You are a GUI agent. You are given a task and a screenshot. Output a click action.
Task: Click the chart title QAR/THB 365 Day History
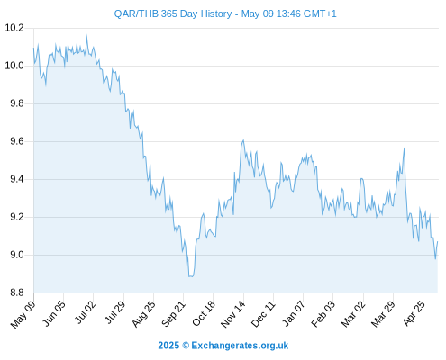point(173,13)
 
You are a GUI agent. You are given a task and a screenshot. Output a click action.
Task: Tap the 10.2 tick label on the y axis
point(14,28)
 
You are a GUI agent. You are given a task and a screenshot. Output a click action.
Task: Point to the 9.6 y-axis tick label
point(17,141)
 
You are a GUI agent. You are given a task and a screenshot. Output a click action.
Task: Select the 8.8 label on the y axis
point(17,292)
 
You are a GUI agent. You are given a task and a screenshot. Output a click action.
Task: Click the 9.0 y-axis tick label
point(17,255)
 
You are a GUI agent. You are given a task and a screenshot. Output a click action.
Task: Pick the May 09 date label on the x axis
point(23,314)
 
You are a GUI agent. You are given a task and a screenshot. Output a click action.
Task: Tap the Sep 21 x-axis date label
point(173,314)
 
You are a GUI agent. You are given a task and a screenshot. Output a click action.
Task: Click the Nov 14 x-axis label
point(233,314)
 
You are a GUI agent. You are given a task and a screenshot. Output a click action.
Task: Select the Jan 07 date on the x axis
point(293,314)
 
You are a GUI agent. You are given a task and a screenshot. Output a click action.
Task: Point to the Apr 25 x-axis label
point(414,314)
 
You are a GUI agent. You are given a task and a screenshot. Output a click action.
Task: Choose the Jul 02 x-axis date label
point(85,312)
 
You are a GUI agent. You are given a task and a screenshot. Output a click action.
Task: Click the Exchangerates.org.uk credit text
point(240,346)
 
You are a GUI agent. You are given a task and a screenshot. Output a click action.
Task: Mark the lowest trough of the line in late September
point(191,276)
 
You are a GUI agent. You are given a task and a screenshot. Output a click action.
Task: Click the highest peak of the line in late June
point(87,36)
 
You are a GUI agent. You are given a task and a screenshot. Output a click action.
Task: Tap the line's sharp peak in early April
point(405,148)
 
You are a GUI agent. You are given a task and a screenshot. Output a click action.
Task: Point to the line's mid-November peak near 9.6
point(243,140)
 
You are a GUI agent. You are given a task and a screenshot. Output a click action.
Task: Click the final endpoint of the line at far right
point(438,241)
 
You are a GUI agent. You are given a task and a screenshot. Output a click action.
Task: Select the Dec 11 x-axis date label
point(263,314)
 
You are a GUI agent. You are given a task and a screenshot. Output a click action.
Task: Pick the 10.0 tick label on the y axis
point(14,66)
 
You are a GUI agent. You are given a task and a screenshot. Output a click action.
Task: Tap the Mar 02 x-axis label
point(353,314)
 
